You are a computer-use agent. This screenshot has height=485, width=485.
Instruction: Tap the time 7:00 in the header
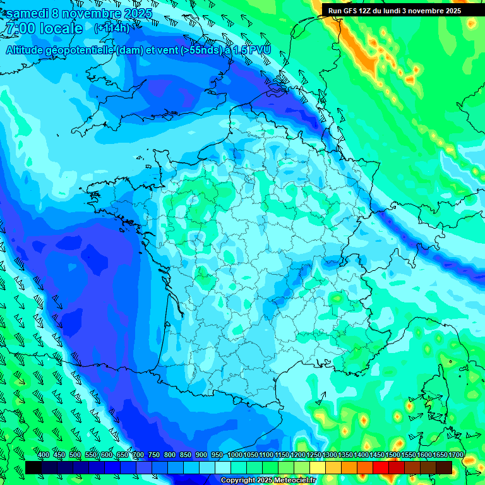[18, 28]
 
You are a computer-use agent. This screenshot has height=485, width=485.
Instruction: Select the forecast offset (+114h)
[112, 28]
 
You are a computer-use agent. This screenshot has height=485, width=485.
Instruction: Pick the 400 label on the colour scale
[44, 455]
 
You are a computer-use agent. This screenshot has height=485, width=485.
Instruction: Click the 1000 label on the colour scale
[234, 455]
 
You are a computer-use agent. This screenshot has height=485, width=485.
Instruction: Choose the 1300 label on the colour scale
[330, 455]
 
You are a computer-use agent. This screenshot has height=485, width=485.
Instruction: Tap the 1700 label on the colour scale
[456, 455]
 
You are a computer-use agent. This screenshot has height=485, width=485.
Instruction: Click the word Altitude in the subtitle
[25, 50]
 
